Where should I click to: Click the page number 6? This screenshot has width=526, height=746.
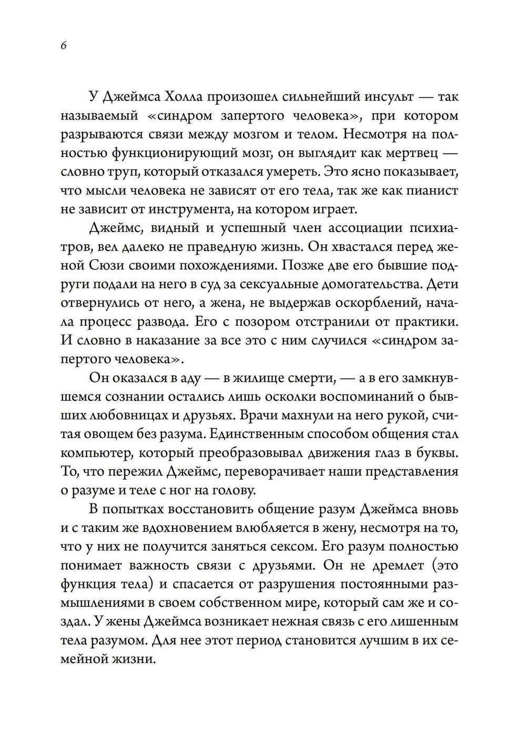tap(63, 45)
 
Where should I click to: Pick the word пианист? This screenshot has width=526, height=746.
tap(430, 190)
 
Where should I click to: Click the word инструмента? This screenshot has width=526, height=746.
tap(185, 209)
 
